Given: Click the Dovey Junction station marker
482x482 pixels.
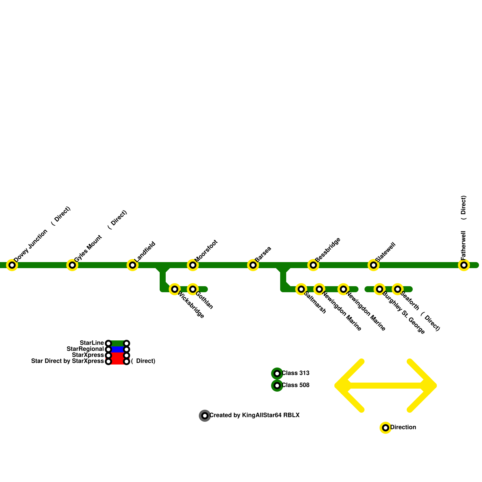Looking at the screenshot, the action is click(12, 265).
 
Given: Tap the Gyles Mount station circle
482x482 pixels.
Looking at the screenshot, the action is click(72, 265).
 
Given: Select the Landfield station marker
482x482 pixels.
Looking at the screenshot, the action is click(133, 265).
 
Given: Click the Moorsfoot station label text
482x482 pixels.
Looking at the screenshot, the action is click(206, 251).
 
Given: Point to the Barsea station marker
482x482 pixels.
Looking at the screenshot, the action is click(253, 265).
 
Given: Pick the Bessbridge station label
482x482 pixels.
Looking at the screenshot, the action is click(328, 250).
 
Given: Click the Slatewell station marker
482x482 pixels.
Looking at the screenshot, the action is click(374, 265).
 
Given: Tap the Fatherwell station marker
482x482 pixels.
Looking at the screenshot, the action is click(464, 265).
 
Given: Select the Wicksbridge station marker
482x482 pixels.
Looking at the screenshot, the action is click(175, 289).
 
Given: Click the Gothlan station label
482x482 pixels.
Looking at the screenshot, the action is click(204, 300).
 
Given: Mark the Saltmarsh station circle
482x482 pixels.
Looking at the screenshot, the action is click(301, 289).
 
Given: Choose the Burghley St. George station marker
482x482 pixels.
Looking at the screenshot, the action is click(380, 289).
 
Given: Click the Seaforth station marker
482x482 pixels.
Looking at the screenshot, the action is click(398, 289).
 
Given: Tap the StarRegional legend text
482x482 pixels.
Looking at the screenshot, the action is click(85, 349).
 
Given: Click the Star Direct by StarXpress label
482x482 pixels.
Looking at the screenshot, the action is click(67, 361).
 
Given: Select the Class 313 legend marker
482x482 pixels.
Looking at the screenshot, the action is click(277, 374).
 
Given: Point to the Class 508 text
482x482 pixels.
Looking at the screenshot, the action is click(296, 385).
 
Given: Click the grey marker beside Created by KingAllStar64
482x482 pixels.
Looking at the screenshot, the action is click(205, 416).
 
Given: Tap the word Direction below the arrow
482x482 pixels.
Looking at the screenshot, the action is click(403, 427).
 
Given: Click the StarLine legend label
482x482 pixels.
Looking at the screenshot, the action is click(92, 343).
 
